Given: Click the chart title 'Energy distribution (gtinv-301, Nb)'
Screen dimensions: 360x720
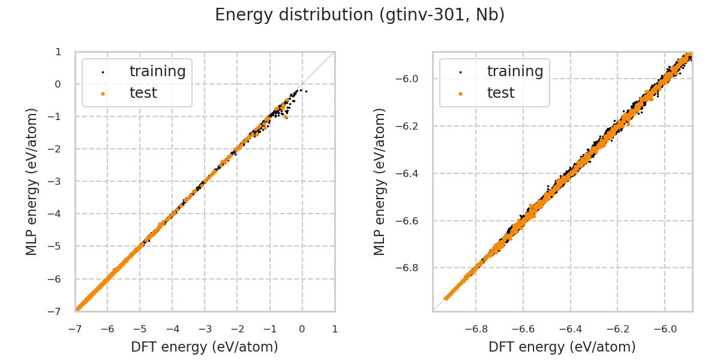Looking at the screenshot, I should tap(360, 15).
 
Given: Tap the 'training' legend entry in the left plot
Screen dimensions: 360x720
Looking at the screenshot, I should tap(157, 71).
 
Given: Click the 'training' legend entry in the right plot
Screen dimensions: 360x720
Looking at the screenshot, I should tap(515, 71).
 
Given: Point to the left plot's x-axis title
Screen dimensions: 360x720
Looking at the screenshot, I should tap(205, 347).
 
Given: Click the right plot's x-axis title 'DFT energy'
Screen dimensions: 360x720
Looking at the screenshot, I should tap(562, 347).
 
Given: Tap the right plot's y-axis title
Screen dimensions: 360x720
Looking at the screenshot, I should tap(380, 181).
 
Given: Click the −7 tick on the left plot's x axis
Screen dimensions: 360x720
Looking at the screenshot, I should tap(75, 329).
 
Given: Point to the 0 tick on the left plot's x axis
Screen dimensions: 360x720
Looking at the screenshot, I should tap(302, 329).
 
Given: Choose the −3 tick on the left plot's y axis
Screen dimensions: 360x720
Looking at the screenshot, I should tap(58, 181).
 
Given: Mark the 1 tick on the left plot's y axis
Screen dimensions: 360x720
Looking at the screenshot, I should tap(58, 52).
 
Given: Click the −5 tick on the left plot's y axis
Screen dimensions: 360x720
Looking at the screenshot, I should tap(58, 246).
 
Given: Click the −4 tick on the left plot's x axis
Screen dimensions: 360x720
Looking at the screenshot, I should tap(172, 329).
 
